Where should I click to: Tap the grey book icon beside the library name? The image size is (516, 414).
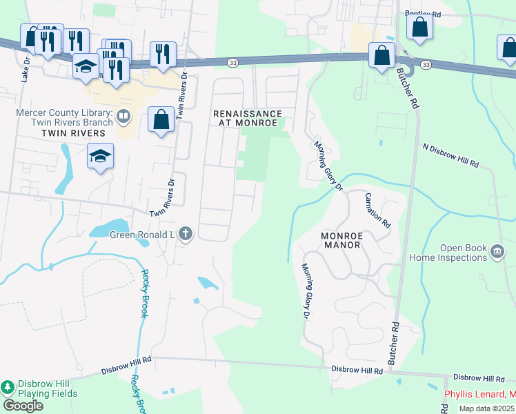(123, 116)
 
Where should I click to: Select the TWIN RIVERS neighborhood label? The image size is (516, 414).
(73, 132)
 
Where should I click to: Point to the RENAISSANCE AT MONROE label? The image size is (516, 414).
(247, 118)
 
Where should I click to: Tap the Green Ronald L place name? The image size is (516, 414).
(143, 234)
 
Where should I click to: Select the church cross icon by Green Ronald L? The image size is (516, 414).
(185, 234)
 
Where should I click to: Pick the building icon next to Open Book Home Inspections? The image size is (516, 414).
(497, 253)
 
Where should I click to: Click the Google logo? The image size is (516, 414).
(23, 406)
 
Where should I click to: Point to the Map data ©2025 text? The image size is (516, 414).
(487, 408)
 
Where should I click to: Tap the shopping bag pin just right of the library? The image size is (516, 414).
(161, 120)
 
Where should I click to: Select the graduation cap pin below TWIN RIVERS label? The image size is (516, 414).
(100, 157)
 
